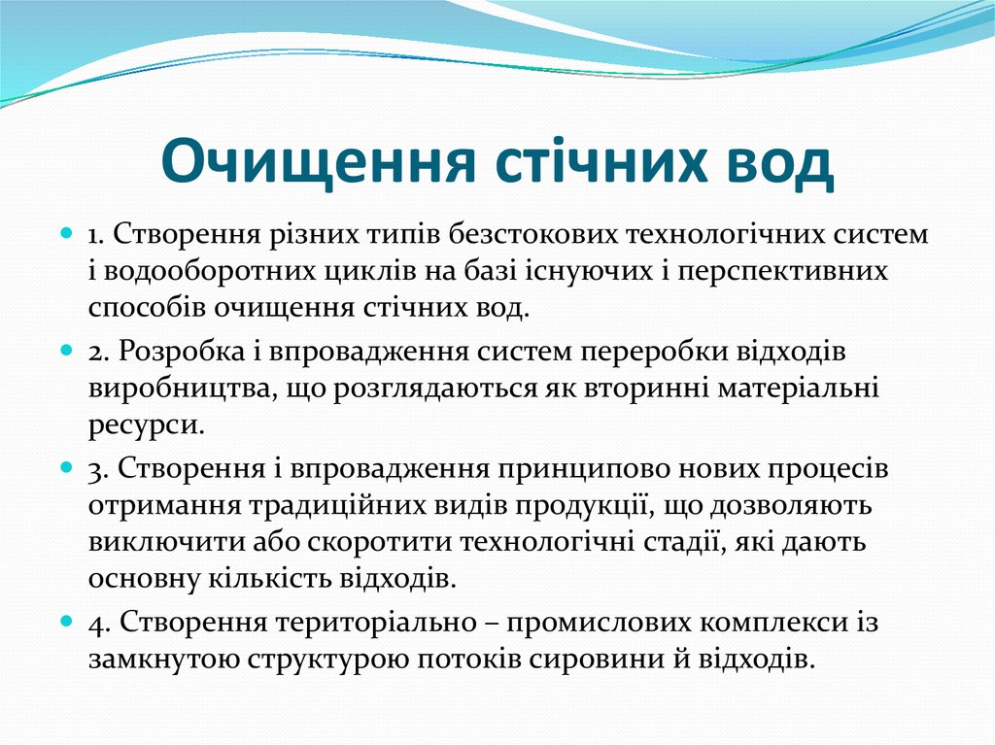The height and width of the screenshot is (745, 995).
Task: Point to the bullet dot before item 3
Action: coord(67,467)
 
